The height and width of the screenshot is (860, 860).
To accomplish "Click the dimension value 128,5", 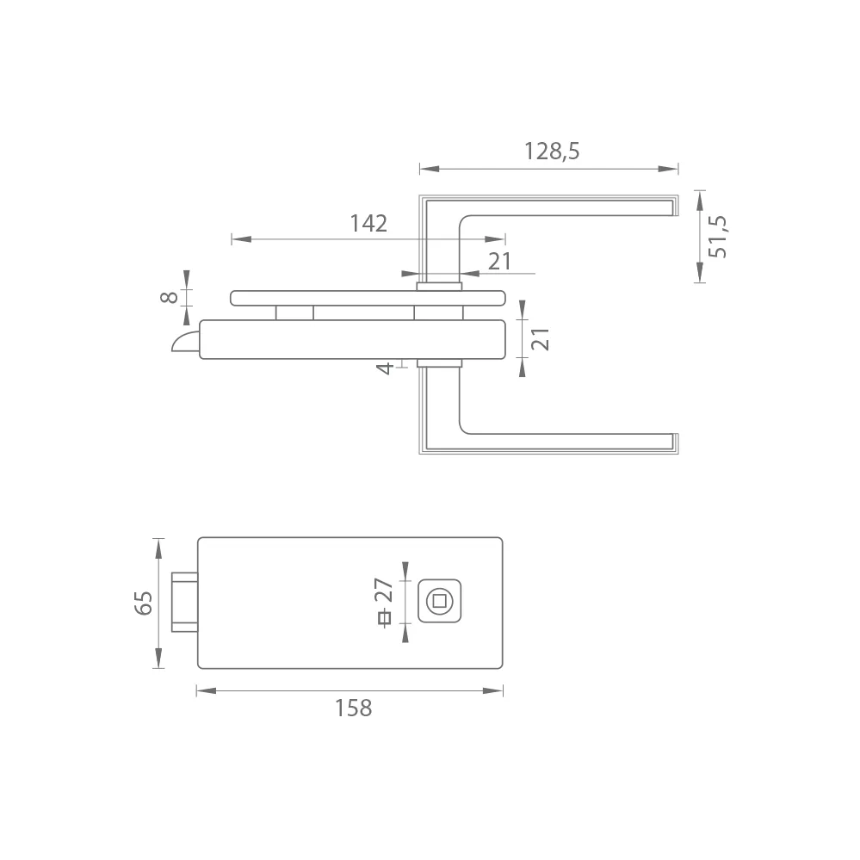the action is pos(552,151).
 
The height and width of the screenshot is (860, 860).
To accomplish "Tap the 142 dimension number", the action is pos(368,223).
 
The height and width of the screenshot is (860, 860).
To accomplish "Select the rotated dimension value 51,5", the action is pos(717,237).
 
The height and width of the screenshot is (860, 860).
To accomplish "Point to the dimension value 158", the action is pos(354,708).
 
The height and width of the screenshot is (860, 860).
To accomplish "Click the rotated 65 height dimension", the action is pos(144,603).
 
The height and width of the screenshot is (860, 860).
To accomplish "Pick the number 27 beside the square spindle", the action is pos(384,591).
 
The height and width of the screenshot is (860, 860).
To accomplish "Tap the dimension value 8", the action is pos(169,297).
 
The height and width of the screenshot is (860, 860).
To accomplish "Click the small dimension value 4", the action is pos(385,368).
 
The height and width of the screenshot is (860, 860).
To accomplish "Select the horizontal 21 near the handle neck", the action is pos(499,262).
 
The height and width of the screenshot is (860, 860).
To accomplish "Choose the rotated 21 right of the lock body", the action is pos(541,339).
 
